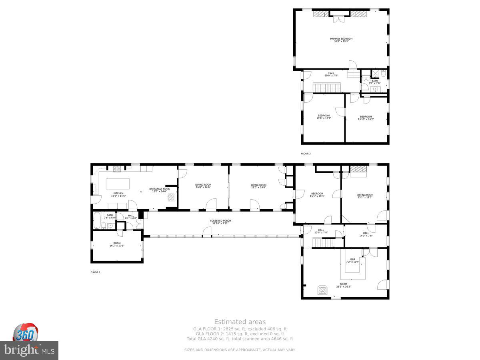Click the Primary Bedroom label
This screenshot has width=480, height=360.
click(x=341, y=39)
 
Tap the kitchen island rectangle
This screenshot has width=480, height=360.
click(x=118, y=184)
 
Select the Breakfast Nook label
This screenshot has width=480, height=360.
click(x=160, y=189)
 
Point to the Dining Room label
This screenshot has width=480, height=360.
click(x=203, y=184)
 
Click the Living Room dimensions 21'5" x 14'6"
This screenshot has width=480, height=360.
click(x=259, y=188)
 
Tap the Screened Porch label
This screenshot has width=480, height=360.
click(x=220, y=221)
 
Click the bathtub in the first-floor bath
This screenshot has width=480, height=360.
click(x=97, y=220)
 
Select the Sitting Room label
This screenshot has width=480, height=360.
click(x=365, y=194)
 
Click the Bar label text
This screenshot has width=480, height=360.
click(x=352, y=259)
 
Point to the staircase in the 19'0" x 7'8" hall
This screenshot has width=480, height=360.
click(x=326, y=88)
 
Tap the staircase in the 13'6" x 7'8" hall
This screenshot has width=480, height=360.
click(x=323, y=242)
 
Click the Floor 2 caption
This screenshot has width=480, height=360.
click(x=306, y=154)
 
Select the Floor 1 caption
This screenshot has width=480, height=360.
click(x=95, y=272)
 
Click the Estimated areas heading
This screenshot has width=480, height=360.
click(x=240, y=322)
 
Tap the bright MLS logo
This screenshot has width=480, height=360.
click(x=29, y=350)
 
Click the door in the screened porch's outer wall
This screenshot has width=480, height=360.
click(x=207, y=232)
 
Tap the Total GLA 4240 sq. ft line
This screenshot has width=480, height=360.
click(x=240, y=339)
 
